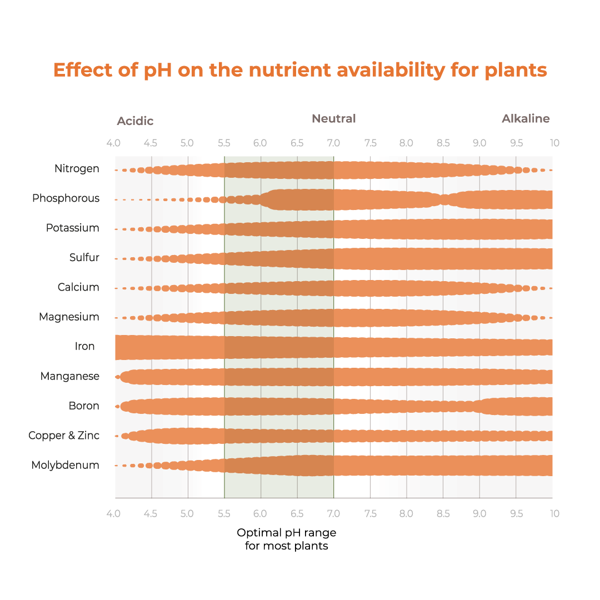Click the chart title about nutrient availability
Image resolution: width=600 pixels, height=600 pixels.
[300, 71]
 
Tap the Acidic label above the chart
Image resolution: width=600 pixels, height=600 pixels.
[135, 121]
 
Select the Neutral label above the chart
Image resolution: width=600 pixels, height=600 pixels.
[333, 119]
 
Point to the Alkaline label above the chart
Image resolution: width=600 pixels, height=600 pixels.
[526, 119]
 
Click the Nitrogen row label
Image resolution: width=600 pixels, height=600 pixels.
[77, 169]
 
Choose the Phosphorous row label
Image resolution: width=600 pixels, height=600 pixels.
[66, 198]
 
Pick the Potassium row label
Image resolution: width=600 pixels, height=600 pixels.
[73, 228]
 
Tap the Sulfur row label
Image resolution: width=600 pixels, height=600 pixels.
[84, 258]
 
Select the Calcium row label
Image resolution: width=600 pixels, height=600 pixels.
[78, 287]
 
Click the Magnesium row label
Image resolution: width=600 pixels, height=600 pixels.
[69, 317]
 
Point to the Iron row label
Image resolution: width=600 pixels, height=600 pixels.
[85, 347]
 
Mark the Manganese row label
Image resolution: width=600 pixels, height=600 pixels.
[69, 377]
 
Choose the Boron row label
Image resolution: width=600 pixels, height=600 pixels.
[84, 406]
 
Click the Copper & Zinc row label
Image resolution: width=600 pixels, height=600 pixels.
[64, 436]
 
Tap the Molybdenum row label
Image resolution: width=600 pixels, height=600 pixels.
[66, 466]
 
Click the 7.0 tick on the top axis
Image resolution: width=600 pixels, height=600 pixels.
[334, 143]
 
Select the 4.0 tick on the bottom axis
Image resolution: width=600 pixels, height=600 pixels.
[114, 514]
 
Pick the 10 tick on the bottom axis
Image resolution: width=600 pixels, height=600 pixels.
[554, 514]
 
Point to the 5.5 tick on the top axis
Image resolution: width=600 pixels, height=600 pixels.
[224, 143]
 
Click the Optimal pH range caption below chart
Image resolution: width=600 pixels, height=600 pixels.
[287, 539]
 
